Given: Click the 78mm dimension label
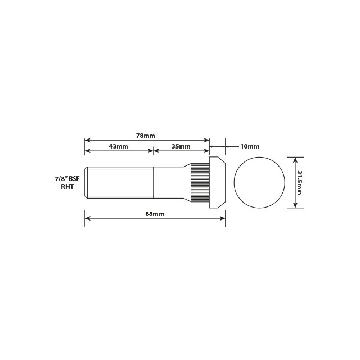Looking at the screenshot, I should pos(145,136).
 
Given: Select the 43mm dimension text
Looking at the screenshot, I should pos(118,146).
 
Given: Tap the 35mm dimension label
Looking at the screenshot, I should pos(181,146).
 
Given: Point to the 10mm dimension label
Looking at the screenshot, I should pos(250,146).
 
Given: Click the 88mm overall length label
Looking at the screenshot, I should pos(155,214).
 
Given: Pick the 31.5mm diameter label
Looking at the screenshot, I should pos(300,182).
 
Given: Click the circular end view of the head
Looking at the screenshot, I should pos(259,182).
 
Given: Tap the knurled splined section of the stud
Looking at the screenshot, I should pos(200,182).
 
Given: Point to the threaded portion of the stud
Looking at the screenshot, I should pos(119,182).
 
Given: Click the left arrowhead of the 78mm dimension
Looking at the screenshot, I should pos(88,140).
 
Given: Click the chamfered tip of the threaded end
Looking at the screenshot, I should pos(87,182).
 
